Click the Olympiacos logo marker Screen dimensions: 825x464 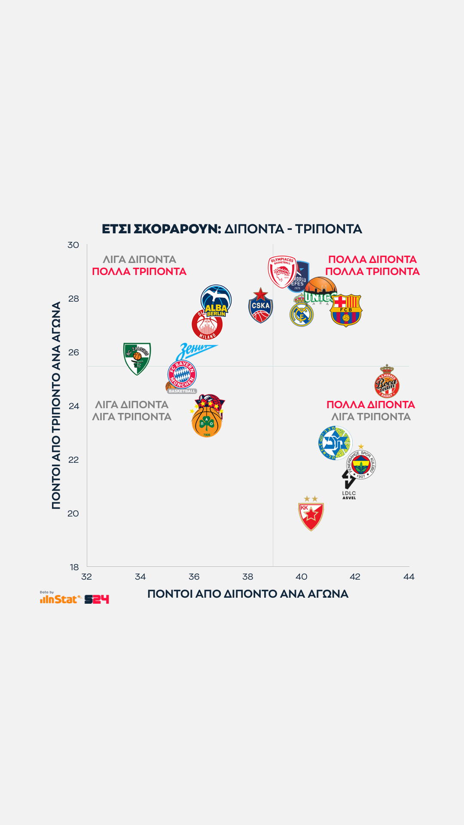(x=281, y=272)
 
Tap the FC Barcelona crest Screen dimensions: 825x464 (x=346, y=310)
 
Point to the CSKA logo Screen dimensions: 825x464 (x=260, y=306)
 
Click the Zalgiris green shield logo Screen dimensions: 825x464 (x=137, y=358)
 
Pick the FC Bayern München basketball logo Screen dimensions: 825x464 (x=182, y=375)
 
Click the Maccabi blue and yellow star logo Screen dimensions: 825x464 (x=335, y=443)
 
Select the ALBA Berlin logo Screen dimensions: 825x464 (x=216, y=300)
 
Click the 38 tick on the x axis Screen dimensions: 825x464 (x=248, y=577)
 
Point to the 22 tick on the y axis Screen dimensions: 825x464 (x=73, y=460)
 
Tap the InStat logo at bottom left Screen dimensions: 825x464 (x=61, y=599)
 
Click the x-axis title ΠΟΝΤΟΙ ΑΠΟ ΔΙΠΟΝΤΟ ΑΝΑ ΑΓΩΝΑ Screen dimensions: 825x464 (x=248, y=594)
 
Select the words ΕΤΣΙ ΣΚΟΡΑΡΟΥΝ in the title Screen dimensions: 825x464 (x=161, y=229)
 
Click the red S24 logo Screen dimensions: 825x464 (x=97, y=599)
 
